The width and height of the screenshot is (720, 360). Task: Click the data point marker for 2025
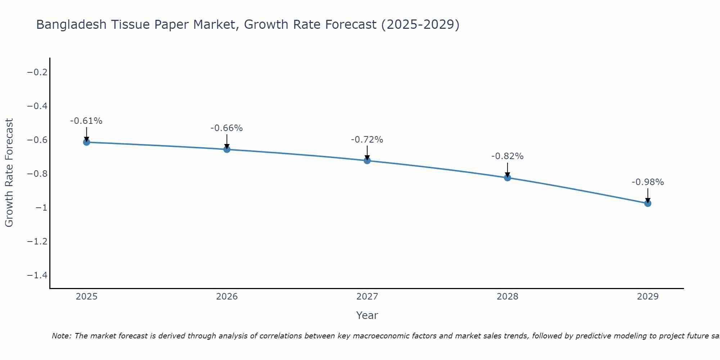pyautogui.click(x=86, y=142)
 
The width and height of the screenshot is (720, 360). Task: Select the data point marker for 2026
pyautogui.click(x=227, y=149)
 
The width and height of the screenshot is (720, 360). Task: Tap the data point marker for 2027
pyautogui.click(x=367, y=161)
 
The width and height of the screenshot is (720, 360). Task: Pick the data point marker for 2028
pyautogui.click(x=508, y=177)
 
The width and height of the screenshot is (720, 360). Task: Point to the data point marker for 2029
pyautogui.click(x=648, y=203)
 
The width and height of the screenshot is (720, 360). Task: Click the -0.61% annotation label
pyautogui.click(x=86, y=121)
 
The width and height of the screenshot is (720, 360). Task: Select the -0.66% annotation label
pyautogui.click(x=227, y=128)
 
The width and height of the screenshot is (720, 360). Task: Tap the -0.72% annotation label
pyautogui.click(x=367, y=140)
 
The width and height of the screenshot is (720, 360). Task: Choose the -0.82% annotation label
pyautogui.click(x=508, y=156)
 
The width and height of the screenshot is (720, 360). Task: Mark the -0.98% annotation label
pyautogui.click(x=648, y=182)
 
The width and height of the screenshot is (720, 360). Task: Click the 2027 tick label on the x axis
pyautogui.click(x=367, y=297)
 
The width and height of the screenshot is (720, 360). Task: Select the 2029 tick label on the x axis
pyautogui.click(x=648, y=297)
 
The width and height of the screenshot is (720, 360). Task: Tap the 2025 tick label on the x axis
pyautogui.click(x=86, y=297)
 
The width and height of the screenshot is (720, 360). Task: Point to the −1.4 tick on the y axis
pyautogui.click(x=37, y=275)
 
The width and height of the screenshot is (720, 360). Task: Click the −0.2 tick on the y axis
pyautogui.click(x=37, y=72)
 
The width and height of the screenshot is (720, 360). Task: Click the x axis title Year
pyautogui.click(x=367, y=315)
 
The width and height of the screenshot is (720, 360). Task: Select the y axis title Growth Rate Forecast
pyautogui.click(x=9, y=173)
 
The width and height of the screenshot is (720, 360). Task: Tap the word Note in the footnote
pyautogui.click(x=61, y=336)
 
